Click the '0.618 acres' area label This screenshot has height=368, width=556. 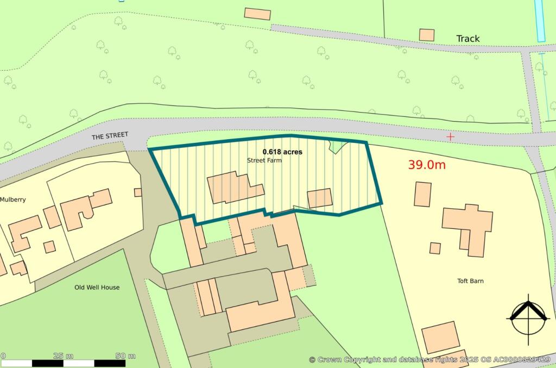282,152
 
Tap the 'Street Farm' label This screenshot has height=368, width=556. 265,160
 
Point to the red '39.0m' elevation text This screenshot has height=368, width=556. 427,165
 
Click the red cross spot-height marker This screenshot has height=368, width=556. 450,136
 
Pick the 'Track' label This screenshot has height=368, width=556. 467,39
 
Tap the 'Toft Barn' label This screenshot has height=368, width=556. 470,281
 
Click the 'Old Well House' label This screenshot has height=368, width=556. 97,287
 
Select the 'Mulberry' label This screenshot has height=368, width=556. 13,199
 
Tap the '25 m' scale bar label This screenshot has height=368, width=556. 64,356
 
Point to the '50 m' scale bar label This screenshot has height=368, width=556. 125,356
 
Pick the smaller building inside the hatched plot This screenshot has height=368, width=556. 320,198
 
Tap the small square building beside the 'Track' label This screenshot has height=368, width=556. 427,35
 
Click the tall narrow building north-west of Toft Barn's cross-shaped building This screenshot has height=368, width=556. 422,194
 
